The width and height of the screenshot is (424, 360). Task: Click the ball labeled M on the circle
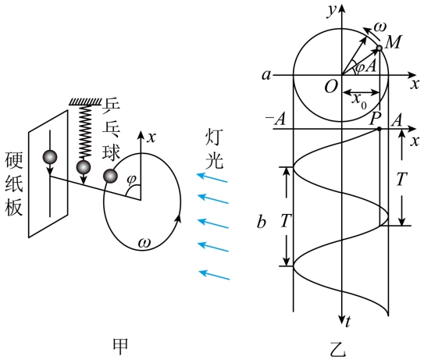click(379, 48)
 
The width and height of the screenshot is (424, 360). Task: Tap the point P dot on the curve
click(379, 129)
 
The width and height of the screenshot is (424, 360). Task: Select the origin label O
click(331, 87)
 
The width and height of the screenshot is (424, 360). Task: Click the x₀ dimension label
click(359, 102)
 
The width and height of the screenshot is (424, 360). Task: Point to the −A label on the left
click(276, 119)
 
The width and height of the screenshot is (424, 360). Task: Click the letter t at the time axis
click(348, 321)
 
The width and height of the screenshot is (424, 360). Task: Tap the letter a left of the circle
click(266, 75)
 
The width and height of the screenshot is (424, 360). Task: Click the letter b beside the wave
click(262, 222)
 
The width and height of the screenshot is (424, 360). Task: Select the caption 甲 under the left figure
click(120, 347)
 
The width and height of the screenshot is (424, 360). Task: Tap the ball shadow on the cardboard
click(50, 157)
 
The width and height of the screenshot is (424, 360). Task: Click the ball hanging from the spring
click(84, 168)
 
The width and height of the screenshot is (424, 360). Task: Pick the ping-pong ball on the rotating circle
click(110, 176)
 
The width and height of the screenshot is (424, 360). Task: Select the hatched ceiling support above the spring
click(85, 102)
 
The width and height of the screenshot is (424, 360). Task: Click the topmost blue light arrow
click(212, 177)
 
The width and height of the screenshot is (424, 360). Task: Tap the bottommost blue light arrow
click(214, 275)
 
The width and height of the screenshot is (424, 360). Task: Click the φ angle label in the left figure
click(131, 180)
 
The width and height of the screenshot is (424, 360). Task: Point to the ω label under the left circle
click(144, 243)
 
